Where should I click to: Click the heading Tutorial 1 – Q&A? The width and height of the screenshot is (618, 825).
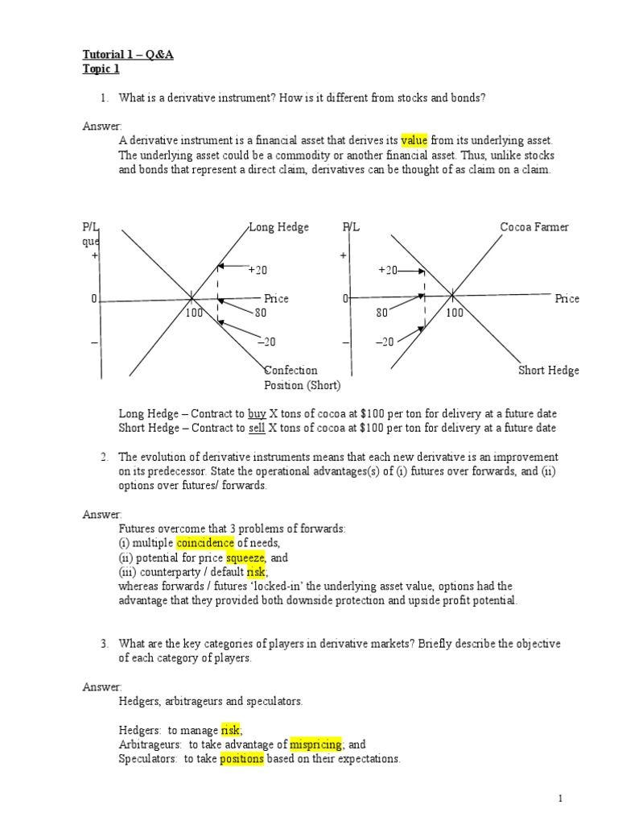(128, 55)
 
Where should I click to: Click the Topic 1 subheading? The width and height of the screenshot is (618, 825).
(101, 68)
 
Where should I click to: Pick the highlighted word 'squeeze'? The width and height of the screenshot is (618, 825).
(245, 558)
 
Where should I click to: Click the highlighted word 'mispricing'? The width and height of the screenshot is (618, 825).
(315, 744)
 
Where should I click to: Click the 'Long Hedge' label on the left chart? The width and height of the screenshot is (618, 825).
(278, 227)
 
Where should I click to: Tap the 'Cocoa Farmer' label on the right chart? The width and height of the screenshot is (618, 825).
(534, 227)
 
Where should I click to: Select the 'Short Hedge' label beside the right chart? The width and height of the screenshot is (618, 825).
(549, 371)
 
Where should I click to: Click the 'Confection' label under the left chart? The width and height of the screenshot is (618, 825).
(290, 371)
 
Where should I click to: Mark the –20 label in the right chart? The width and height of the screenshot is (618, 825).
(385, 342)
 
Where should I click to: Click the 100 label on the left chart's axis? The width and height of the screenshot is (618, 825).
(194, 313)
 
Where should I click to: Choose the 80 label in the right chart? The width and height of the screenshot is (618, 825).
(381, 313)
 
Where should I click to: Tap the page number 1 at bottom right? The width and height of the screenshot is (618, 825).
(561, 798)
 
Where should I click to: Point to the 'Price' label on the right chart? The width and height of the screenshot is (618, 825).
(566, 299)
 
